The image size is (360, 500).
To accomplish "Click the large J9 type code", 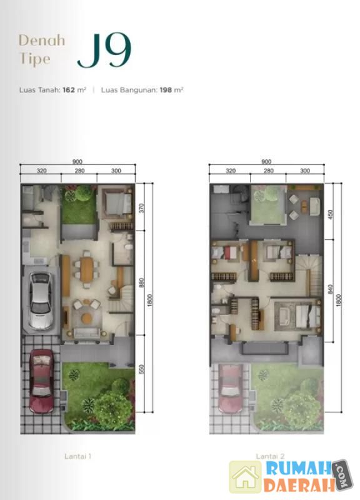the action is point(104,50).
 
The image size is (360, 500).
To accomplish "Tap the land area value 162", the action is point(69,90).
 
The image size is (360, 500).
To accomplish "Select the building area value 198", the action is point(166,90).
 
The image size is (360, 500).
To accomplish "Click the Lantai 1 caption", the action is point(77,456).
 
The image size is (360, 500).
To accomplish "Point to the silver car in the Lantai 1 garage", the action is point(41,301).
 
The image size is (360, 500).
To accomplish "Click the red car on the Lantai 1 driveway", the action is point(41,381).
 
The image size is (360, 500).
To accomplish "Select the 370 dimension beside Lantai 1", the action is point(142,208).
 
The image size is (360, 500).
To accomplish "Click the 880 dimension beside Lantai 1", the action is point(142,282).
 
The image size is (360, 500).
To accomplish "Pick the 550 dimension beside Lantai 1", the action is point(142,369).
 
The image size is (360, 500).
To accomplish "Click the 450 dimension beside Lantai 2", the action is point(331,214).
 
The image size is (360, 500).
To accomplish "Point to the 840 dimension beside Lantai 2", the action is point(331,289).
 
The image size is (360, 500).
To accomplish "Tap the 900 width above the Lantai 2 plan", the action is point(266,162).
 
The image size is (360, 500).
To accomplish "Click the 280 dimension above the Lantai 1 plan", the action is point(79,171).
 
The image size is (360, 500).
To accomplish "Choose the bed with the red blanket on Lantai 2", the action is point(225,253).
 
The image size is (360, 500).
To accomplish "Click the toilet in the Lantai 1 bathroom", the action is point(129,247).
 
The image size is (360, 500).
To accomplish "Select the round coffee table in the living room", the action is point(86,318).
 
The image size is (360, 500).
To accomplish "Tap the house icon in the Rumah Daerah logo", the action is point(246,476).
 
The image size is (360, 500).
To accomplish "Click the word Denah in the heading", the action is point(42,41).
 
